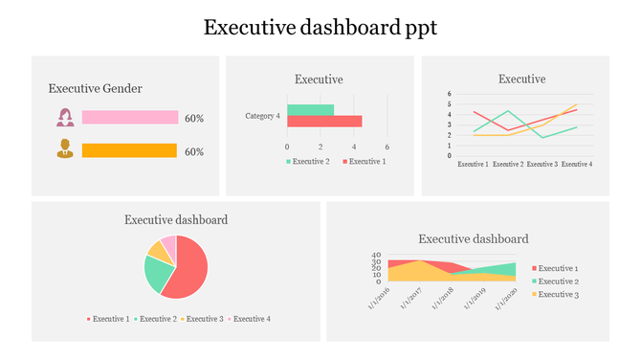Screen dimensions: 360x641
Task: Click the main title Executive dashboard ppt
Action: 320,28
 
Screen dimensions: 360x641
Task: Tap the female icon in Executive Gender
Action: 65,117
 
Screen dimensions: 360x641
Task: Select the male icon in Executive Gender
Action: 65,149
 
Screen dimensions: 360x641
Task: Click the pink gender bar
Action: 130,117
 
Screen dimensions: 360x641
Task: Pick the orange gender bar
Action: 129,150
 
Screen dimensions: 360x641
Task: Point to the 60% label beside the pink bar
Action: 194,118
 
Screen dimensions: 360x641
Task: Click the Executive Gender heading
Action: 96,88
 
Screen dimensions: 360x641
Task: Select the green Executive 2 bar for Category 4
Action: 310,110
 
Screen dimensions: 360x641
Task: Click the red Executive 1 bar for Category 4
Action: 324,121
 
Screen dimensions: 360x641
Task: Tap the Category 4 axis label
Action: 262,116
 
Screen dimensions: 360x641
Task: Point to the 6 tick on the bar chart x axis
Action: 387,146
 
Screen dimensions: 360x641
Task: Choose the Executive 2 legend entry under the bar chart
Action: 307,162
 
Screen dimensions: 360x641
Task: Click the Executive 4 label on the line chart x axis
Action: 576,165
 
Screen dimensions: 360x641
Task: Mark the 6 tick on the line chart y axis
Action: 449,94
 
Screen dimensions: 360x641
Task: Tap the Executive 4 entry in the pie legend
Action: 252,318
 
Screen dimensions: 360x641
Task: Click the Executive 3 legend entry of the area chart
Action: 558,294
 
